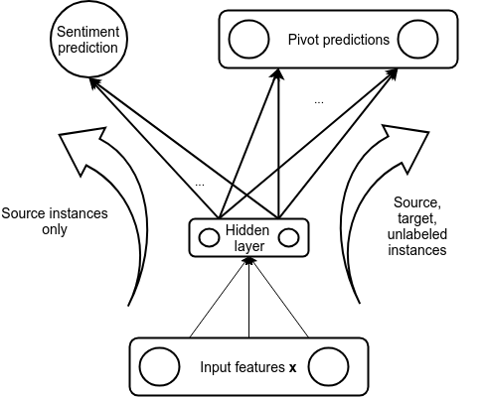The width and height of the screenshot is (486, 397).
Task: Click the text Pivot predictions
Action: coord(339,40)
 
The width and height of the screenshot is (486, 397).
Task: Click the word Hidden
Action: coord(247,230)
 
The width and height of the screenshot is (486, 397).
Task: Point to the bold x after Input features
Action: coord(292,368)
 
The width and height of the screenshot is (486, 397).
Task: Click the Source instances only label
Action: coord(55,221)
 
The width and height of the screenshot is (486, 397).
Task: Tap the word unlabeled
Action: coord(417,234)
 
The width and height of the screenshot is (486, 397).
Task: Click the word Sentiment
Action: coord(87,32)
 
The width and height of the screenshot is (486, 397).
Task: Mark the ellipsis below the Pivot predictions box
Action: coord(319,102)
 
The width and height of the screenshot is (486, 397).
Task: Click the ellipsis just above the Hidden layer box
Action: coord(200,185)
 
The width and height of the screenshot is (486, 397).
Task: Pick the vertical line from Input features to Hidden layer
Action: coord(249,298)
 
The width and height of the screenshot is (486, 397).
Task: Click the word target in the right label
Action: coord(416,219)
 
